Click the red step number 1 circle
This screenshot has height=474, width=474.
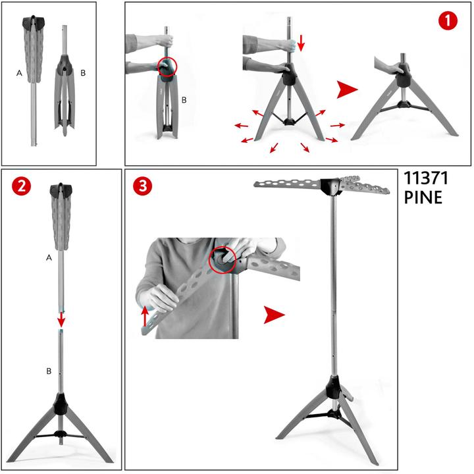pyautogui.click(x=448, y=21)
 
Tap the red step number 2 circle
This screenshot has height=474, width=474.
pyautogui.click(x=22, y=187)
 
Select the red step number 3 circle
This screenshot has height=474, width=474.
pyautogui.click(x=143, y=186)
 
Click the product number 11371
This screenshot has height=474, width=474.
pyautogui.click(x=426, y=178)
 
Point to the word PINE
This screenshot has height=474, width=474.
pyautogui.click(x=423, y=197)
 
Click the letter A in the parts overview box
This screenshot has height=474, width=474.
pyautogui.click(x=19, y=73)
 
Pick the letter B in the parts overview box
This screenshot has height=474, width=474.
pyautogui.click(x=83, y=73)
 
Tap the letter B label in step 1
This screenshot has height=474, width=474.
pyautogui.click(x=184, y=100)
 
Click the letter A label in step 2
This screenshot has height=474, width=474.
pyautogui.click(x=49, y=257)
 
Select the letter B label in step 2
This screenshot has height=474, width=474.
pyautogui.click(x=49, y=371)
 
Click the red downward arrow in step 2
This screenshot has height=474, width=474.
pyautogui.click(x=61, y=320)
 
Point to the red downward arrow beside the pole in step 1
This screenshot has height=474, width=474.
pyautogui.click(x=301, y=43)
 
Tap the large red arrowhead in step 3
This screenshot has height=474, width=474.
pyautogui.click(x=274, y=315)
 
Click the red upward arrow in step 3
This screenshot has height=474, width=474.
pyautogui.click(x=145, y=316)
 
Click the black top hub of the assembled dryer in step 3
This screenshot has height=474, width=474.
pyautogui.click(x=331, y=186)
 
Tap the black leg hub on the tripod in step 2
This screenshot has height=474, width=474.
pyautogui.click(x=61, y=404)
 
